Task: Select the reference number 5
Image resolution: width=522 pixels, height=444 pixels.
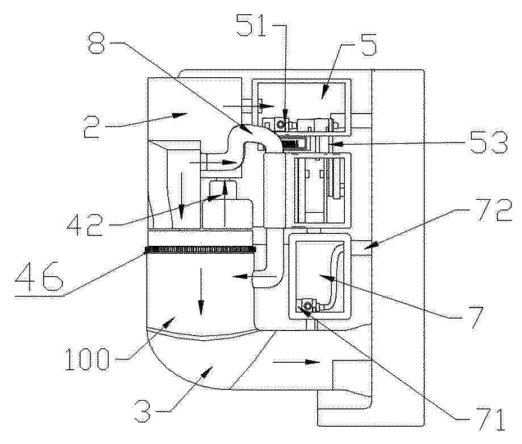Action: (368, 44)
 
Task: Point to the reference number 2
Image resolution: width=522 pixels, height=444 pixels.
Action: (92, 127)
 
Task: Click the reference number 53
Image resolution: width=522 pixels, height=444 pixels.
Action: (488, 143)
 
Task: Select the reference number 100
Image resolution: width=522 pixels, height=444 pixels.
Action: (86, 359)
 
